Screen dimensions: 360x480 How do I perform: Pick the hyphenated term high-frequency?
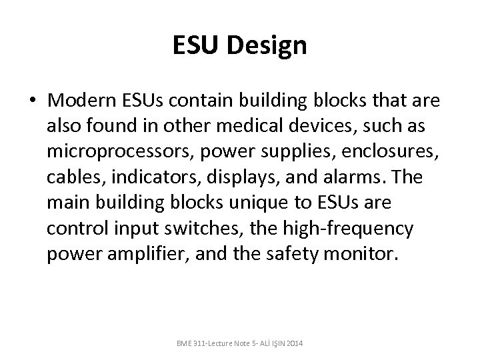click(x=347, y=228)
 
